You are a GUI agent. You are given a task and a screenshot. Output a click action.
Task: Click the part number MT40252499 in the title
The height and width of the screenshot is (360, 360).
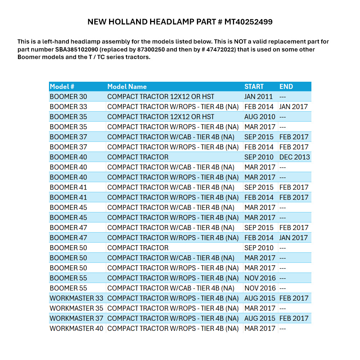[x=248, y=22]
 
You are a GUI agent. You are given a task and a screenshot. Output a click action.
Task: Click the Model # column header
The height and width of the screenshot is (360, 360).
[x=62, y=86]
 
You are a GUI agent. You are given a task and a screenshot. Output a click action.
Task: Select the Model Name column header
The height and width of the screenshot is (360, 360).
[x=127, y=86]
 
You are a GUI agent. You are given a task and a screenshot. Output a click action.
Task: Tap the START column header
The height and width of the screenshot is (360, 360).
[x=254, y=86]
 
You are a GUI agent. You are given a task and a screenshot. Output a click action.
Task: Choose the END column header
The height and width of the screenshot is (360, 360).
[x=286, y=86]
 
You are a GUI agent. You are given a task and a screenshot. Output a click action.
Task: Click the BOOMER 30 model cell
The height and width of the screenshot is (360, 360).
[x=68, y=96]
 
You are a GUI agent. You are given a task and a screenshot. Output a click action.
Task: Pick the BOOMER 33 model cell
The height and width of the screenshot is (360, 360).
[x=68, y=107]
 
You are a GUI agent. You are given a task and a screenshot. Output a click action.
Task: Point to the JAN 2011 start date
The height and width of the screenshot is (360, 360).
[x=258, y=96]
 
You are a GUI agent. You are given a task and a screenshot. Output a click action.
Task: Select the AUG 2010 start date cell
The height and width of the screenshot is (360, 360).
[x=260, y=117]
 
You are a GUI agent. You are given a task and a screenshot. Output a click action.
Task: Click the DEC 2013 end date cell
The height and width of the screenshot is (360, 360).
[x=294, y=157]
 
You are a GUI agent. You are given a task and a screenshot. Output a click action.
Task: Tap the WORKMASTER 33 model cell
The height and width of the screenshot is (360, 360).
[x=76, y=298]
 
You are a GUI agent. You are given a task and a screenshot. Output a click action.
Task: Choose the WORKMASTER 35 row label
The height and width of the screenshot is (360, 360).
[x=76, y=308]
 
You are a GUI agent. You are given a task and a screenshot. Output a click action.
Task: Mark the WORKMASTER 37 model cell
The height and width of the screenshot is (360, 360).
[x=76, y=318]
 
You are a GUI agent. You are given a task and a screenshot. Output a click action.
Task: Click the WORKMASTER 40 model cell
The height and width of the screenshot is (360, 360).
[x=76, y=328]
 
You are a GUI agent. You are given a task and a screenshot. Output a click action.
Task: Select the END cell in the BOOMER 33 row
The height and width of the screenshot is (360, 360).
[x=294, y=107]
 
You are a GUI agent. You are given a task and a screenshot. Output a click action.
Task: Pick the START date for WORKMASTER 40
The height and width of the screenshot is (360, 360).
[x=260, y=328]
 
